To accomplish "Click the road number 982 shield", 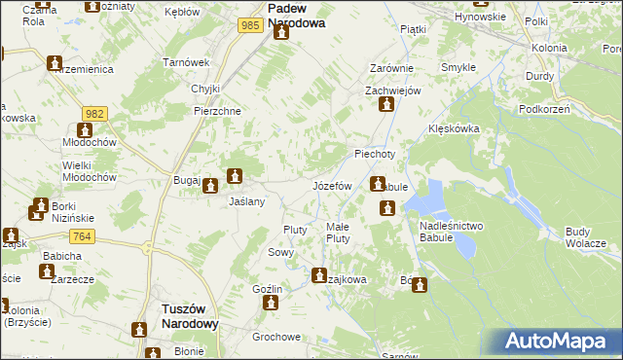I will (93, 114).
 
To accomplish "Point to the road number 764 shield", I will (82, 236).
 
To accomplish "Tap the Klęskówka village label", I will (452, 128).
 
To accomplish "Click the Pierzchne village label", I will (218, 110).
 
